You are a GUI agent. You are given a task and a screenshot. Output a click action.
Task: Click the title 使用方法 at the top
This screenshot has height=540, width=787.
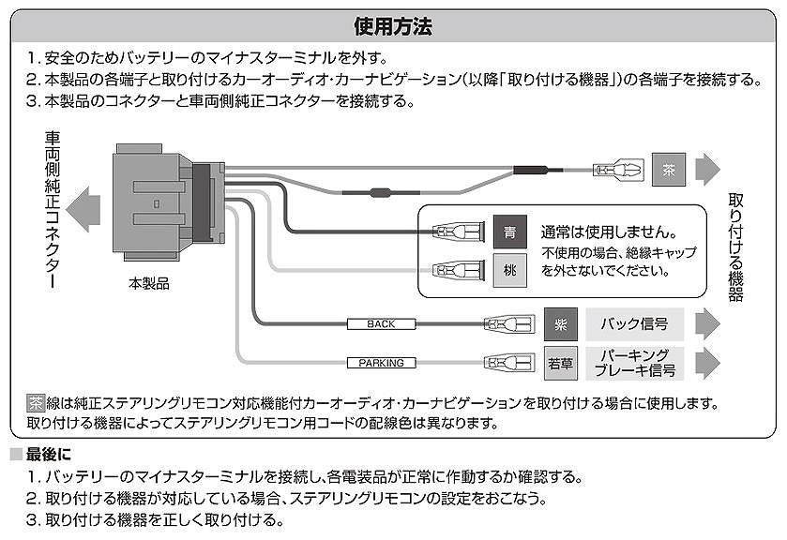(x=393, y=25)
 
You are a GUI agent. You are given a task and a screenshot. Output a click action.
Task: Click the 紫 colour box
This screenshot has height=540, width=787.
(x=561, y=324)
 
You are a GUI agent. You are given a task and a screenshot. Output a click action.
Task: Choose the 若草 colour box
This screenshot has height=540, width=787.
(x=561, y=363)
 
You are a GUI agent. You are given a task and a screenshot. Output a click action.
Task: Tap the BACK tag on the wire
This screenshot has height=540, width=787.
(x=381, y=324)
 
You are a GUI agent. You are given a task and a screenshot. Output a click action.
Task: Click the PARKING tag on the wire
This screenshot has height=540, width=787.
(x=381, y=363)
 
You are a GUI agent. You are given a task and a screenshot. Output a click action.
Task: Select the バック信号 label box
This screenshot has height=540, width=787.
(x=634, y=324)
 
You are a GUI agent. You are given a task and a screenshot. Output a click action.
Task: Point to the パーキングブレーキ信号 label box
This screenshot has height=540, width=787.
(x=634, y=363)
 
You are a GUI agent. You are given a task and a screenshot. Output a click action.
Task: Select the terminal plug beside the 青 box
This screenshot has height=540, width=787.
(x=455, y=231)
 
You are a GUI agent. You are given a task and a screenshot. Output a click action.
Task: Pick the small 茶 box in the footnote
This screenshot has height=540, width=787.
(x=35, y=403)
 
